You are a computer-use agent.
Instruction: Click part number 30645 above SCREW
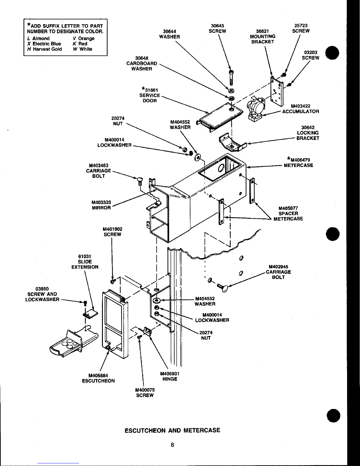[217, 26]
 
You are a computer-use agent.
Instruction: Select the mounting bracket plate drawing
[277, 91]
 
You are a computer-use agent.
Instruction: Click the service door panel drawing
[220, 117]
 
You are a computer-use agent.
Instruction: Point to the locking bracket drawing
[232, 143]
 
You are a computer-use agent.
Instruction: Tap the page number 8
[172, 445]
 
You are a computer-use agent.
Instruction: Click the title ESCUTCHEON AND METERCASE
[172, 430]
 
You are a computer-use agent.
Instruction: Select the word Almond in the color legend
[41, 39]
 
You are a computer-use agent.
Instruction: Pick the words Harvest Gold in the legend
[47, 49]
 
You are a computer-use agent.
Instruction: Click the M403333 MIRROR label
[101, 205]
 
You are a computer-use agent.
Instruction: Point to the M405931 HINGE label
[170, 376]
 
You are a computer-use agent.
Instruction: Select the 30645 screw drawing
[231, 78]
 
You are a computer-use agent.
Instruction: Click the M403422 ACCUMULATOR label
[301, 109]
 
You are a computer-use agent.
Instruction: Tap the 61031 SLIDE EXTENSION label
[85, 262]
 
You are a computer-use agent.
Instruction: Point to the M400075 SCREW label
[145, 393]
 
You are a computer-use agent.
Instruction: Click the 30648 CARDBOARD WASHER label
[142, 64]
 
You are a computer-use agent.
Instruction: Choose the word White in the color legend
[86, 49]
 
